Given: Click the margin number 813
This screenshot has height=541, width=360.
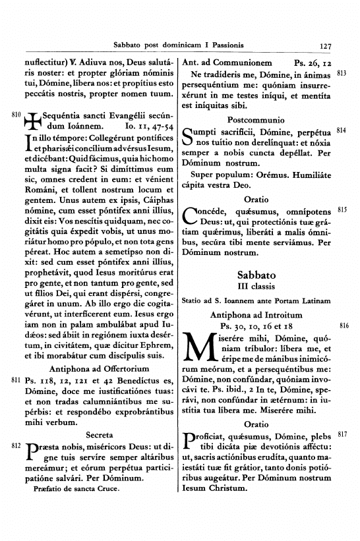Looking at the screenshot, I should (x=342, y=73).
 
